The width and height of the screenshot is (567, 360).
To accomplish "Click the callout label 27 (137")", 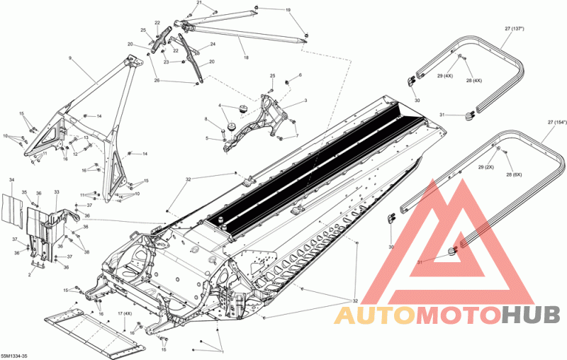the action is point(518,29).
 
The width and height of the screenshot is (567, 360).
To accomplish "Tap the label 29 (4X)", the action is point(444,76).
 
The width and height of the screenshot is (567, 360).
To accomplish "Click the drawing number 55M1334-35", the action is point(15,355).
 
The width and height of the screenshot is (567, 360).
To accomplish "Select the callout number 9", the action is point(70,57).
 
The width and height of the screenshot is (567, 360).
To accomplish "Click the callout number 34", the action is point(11,181).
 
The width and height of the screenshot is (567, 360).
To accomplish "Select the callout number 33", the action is point(56,193).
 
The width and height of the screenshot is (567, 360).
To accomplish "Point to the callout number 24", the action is point(213,45).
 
